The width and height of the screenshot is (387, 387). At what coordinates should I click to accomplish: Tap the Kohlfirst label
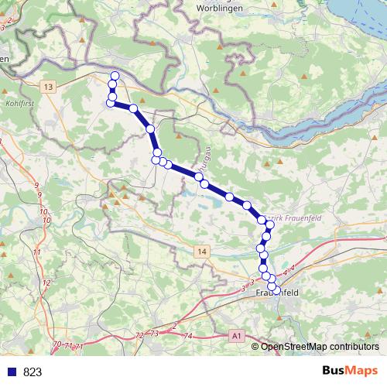point(20,101)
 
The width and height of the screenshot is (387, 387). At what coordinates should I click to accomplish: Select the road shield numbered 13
point(50,87)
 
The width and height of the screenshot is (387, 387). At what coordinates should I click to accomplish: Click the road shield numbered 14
point(202,252)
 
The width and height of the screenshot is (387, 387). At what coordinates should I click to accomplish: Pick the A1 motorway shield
point(236,336)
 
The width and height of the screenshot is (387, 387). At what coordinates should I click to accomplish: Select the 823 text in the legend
point(33,372)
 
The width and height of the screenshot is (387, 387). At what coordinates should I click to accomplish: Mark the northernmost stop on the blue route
point(115,75)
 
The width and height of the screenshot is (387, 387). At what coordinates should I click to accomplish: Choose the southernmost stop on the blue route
point(272,289)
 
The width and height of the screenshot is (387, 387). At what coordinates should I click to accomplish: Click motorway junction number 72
point(139,335)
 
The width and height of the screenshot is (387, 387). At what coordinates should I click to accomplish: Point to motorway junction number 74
point(188,336)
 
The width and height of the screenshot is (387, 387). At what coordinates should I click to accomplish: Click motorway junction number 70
point(56,344)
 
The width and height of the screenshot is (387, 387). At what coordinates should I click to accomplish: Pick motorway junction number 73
point(154,333)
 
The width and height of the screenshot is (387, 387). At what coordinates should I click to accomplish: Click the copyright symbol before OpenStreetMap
point(256,346)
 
